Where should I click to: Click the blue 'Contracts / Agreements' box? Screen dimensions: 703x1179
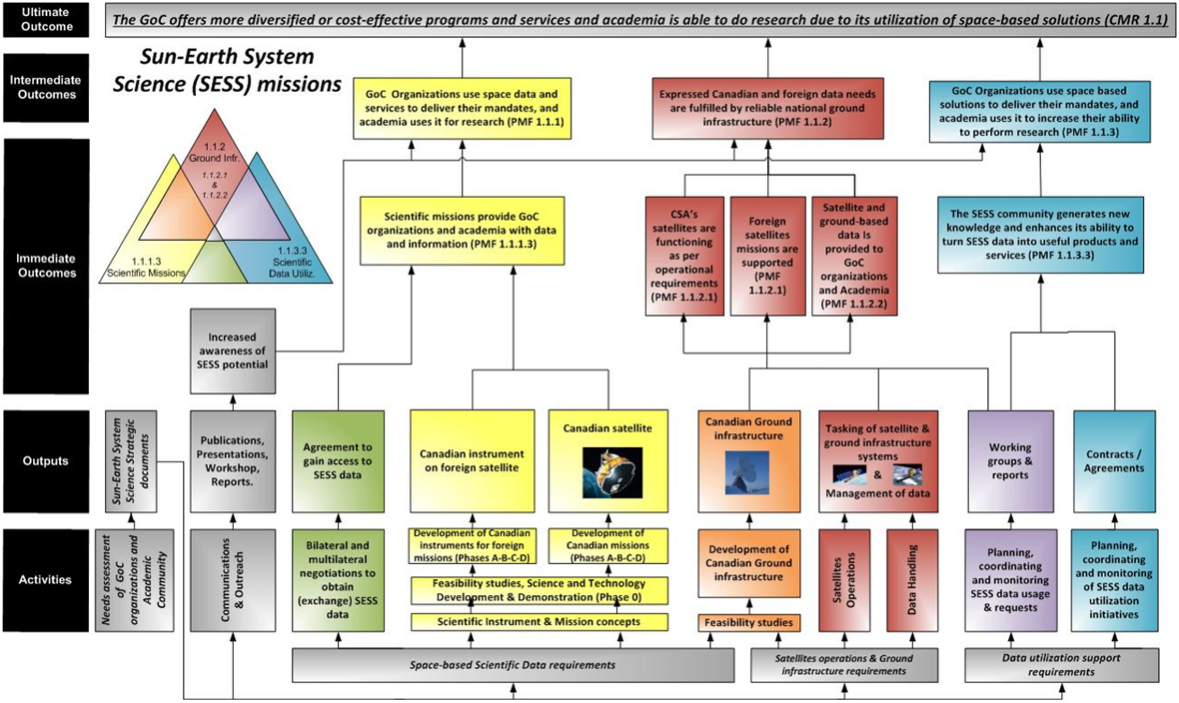[x=1114, y=460]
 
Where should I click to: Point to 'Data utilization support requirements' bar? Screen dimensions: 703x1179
[x=1061, y=664]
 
